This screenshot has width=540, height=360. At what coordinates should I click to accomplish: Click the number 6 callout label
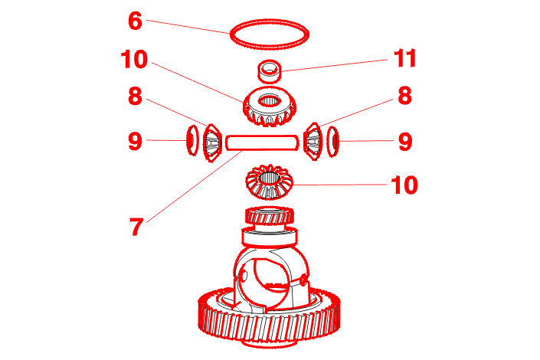(135, 21)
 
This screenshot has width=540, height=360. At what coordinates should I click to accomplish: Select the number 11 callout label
(405, 58)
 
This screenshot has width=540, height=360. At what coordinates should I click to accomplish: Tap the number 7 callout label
(136, 227)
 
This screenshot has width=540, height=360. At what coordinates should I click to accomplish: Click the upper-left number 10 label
(134, 59)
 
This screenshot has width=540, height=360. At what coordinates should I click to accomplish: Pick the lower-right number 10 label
(404, 185)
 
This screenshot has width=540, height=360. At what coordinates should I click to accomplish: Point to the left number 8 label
(135, 96)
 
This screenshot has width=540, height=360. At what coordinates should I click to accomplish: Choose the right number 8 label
(405, 96)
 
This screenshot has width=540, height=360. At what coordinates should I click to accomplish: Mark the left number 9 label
(135, 141)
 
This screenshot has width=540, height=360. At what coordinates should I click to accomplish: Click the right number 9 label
(405, 142)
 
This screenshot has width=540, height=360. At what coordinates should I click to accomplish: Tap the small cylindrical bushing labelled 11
(270, 72)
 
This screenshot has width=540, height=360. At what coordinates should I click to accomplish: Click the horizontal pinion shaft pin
(262, 142)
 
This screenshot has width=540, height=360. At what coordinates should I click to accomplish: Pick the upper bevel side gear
(270, 106)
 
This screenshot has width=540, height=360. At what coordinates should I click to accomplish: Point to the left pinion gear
(212, 142)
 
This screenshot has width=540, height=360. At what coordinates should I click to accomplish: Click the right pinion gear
(313, 142)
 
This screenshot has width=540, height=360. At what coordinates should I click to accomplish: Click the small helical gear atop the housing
(270, 216)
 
